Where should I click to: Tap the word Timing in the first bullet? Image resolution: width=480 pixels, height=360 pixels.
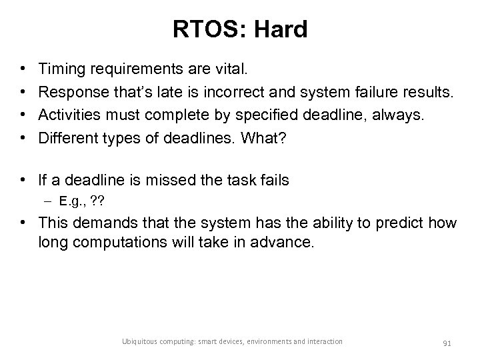(x=59, y=68)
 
